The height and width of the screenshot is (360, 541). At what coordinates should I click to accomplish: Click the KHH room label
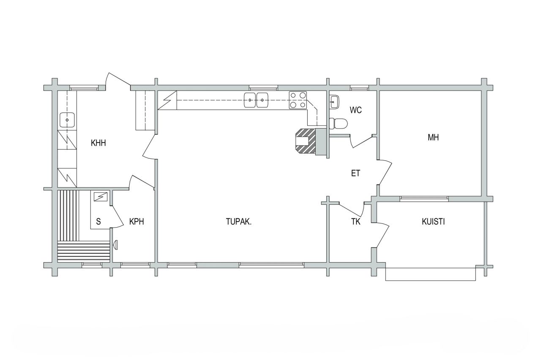[x=98, y=143]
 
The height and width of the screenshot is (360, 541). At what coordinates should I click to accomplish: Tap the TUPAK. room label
[x=239, y=221]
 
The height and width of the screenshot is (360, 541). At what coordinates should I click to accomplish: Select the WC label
[x=355, y=110]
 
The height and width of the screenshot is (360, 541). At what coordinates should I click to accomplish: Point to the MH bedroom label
[x=433, y=137]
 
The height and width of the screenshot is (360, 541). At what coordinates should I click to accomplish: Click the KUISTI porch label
[x=433, y=221]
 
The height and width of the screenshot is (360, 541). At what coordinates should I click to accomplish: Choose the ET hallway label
[x=355, y=173]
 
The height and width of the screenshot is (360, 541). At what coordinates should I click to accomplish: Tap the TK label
[x=355, y=222]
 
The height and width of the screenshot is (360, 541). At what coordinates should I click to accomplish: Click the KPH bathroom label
[x=137, y=221]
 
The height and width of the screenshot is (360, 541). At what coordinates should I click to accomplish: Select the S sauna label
[x=98, y=221]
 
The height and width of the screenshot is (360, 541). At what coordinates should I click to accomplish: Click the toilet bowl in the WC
[x=339, y=124]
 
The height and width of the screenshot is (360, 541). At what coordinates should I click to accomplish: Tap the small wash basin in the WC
[x=334, y=101]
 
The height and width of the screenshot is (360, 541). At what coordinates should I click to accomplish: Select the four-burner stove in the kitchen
[x=298, y=100]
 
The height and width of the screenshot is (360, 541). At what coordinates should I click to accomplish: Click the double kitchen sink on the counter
[x=257, y=100]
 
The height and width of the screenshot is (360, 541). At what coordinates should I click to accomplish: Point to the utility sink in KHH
[x=67, y=120]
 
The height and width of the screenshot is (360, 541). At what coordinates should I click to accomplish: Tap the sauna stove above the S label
[x=101, y=197]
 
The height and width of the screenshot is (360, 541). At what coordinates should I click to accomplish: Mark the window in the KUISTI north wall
[x=424, y=199]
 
